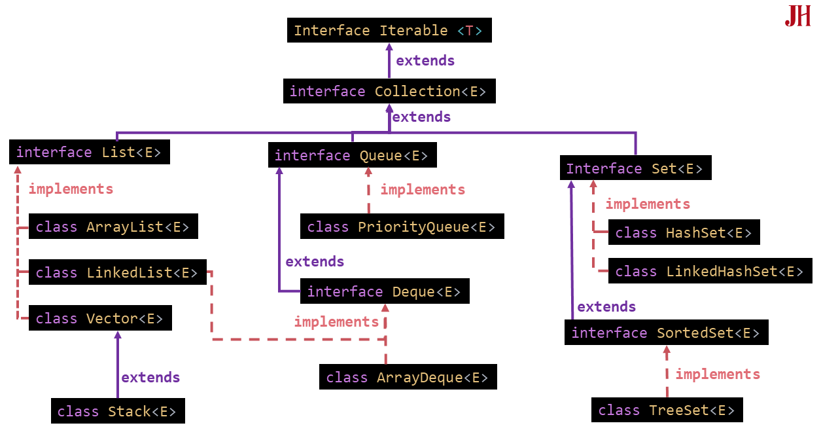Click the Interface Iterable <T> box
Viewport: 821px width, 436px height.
[389, 31]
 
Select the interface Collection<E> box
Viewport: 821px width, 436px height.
[389, 91]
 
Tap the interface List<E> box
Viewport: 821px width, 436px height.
[90, 152]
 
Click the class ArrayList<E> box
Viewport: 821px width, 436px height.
[113, 227]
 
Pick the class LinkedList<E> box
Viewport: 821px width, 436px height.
[117, 272]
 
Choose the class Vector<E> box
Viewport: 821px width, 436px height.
[100, 318]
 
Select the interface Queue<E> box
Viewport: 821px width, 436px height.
[352, 155]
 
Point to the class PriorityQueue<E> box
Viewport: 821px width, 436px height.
[402, 227]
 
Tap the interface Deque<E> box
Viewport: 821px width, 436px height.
[385, 291]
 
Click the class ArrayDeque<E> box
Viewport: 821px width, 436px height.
[408, 378]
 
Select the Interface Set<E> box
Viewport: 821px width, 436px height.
[635, 168]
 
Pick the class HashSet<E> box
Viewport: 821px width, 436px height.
[684, 232]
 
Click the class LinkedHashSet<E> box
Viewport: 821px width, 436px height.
[710, 271]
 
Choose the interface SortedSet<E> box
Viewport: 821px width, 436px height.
[666, 333]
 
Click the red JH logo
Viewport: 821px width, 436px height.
[797, 16]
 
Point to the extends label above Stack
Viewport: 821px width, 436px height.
[150, 377]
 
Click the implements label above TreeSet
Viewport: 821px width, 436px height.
[718, 374]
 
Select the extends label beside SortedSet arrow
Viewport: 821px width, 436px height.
[606, 306]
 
